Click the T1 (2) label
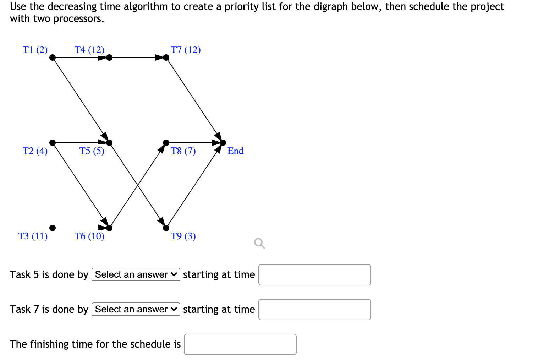(x=35, y=50)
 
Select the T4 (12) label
(x=89, y=50)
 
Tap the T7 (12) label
(x=186, y=50)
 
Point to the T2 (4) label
(x=35, y=151)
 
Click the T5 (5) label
(x=92, y=151)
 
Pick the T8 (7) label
(x=183, y=151)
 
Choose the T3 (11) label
(x=33, y=236)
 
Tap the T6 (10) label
(x=89, y=236)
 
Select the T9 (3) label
(x=183, y=236)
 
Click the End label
(x=235, y=151)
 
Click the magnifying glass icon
(x=259, y=244)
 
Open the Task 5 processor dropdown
(x=136, y=274)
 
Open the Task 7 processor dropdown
(x=136, y=309)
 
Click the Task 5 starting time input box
(x=314, y=275)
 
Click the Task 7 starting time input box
(x=314, y=310)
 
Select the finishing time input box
(x=240, y=344)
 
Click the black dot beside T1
(x=53, y=58)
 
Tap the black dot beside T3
(x=53, y=228)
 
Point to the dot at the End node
(x=223, y=143)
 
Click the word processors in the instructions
(x=78, y=18)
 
